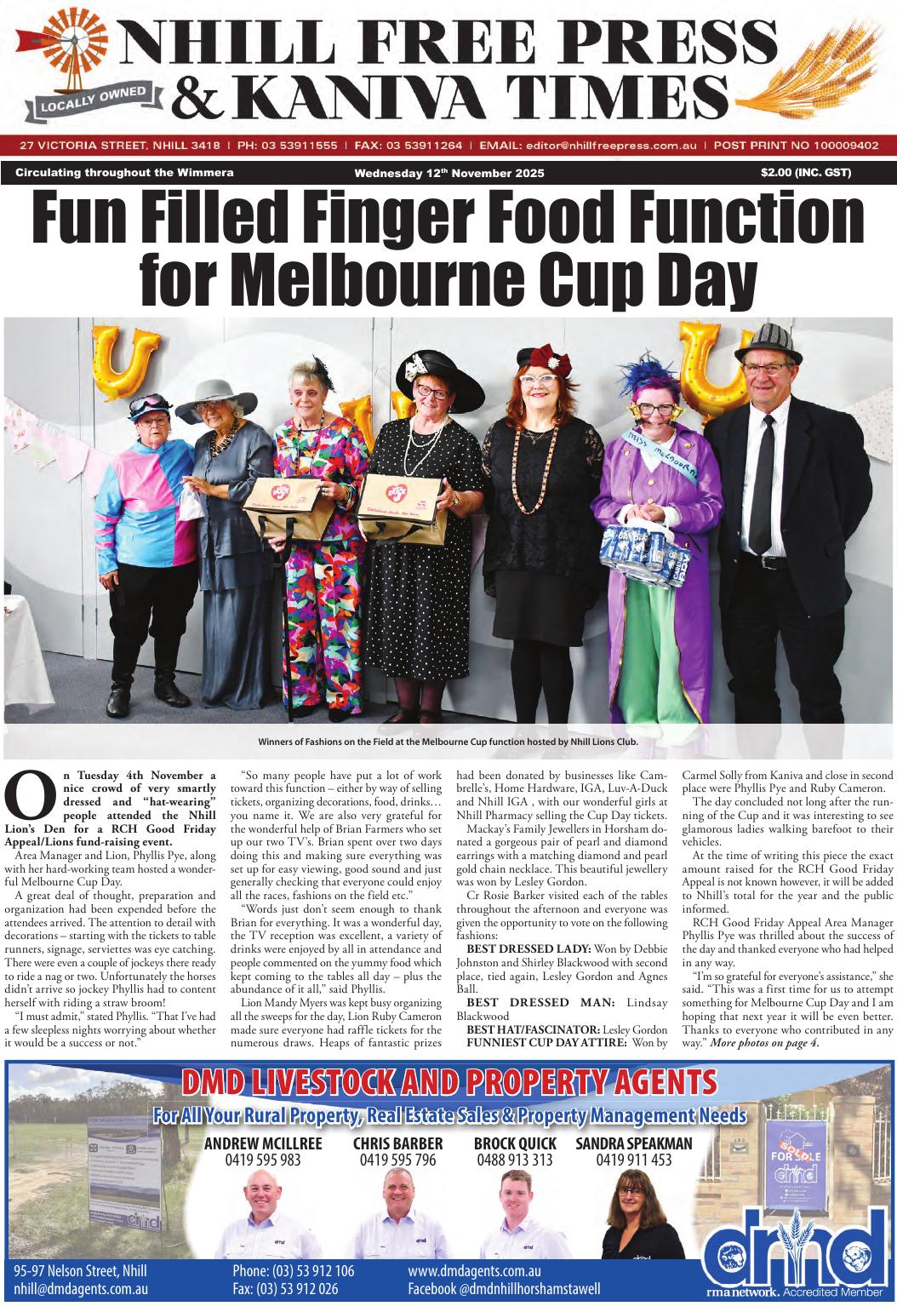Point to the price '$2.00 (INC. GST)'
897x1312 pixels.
point(806,173)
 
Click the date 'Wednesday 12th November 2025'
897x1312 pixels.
point(449,174)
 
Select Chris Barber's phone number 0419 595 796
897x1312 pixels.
point(397,1160)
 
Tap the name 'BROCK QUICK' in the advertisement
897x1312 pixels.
point(515,1143)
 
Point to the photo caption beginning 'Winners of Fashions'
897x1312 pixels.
point(448,741)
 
